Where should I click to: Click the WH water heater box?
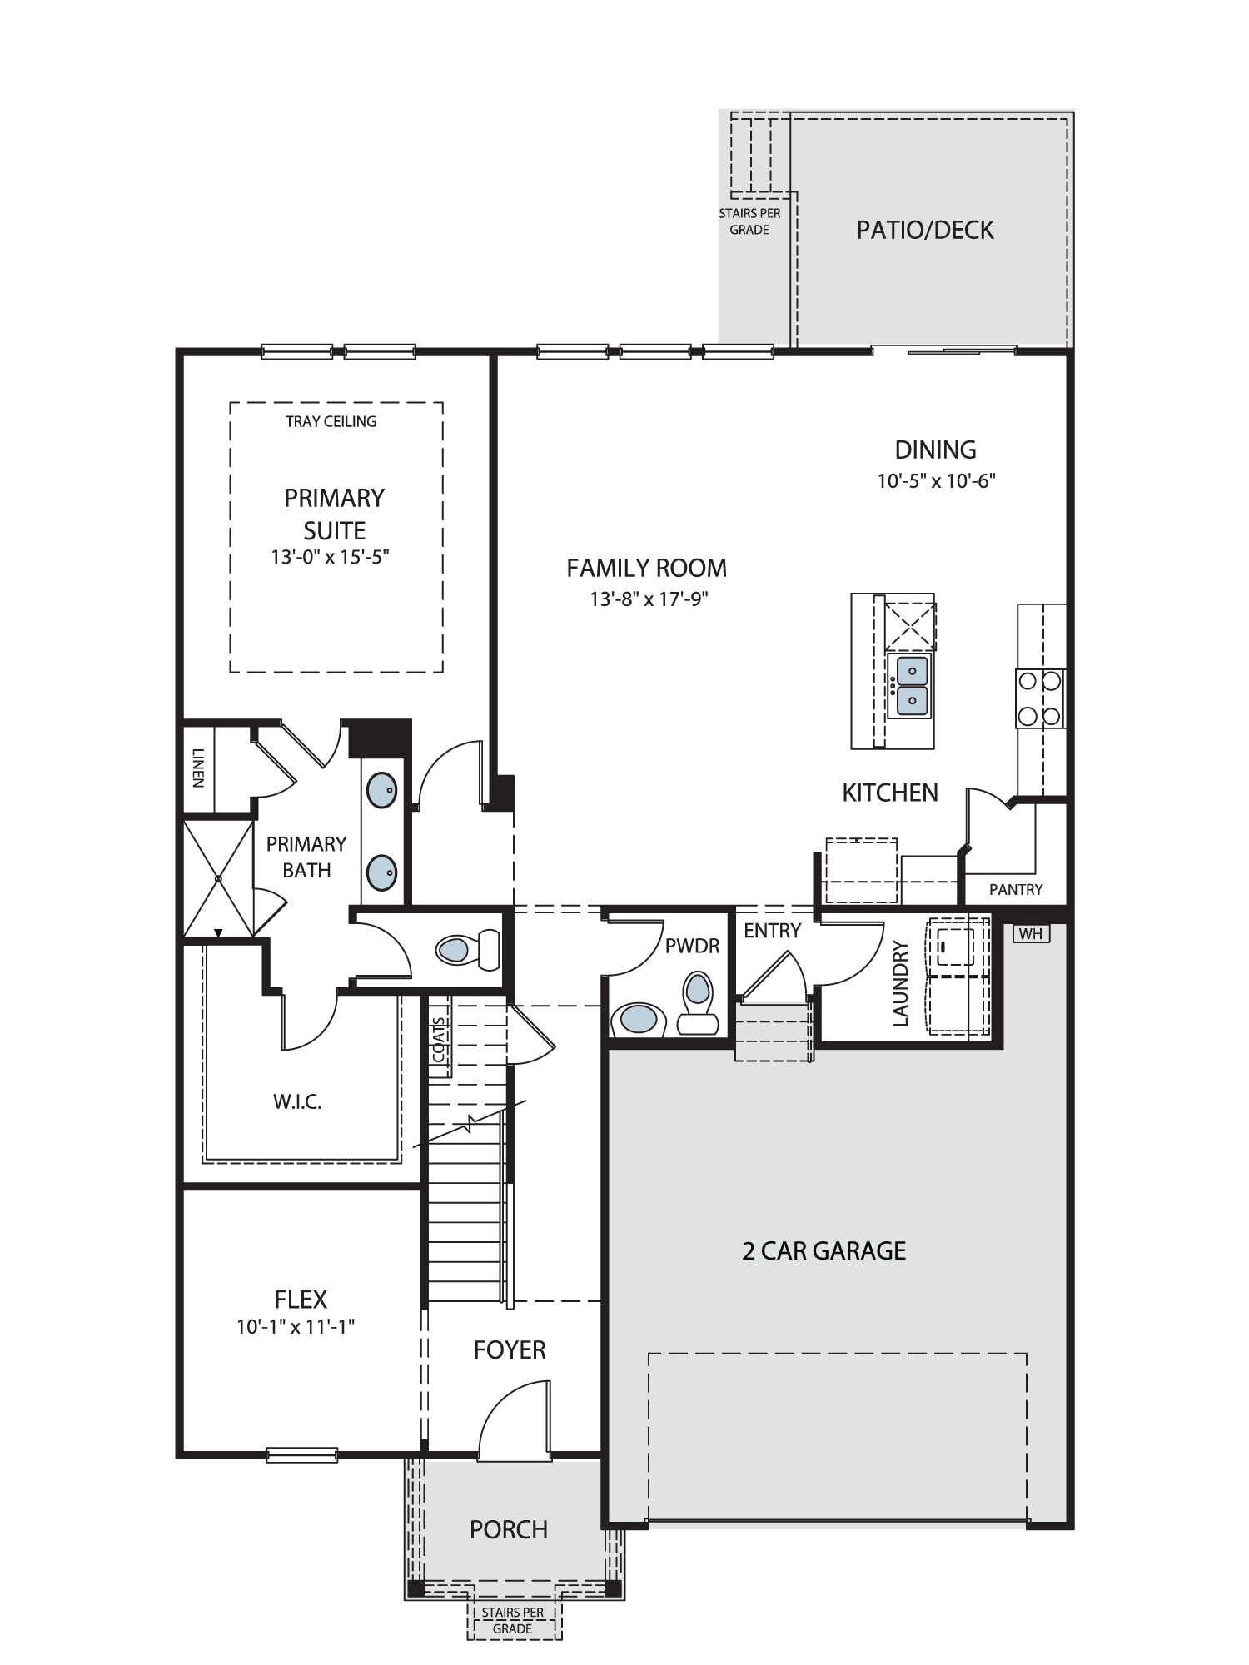pyautogui.click(x=1031, y=934)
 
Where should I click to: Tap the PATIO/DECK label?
pyautogui.click(x=925, y=230)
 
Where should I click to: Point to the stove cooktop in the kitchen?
pyautogui.click(x=1040, y=698)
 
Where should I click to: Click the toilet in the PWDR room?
pyautogui.click(x=698, y=1002)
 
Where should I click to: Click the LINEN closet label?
pyautogui.click(x=197, y=768)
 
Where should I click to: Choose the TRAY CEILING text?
pyautogui.click(x=331, y=422)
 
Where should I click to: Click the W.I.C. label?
pyautogui.click(x=297, y=1102)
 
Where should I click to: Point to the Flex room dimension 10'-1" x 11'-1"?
pyautogui.click(x=296, y=1327)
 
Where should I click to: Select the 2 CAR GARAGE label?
pyautogui.click(x=824, y=1250)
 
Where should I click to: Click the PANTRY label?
pyautogui.click(x=1016, y=890)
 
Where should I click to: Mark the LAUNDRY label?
pyautogui.click(x=900, y=983)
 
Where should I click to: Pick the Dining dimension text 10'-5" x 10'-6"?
pyautogui.click(x=937, y=481)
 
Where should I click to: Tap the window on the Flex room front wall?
pyautogui.click(x=302, y=1455)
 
